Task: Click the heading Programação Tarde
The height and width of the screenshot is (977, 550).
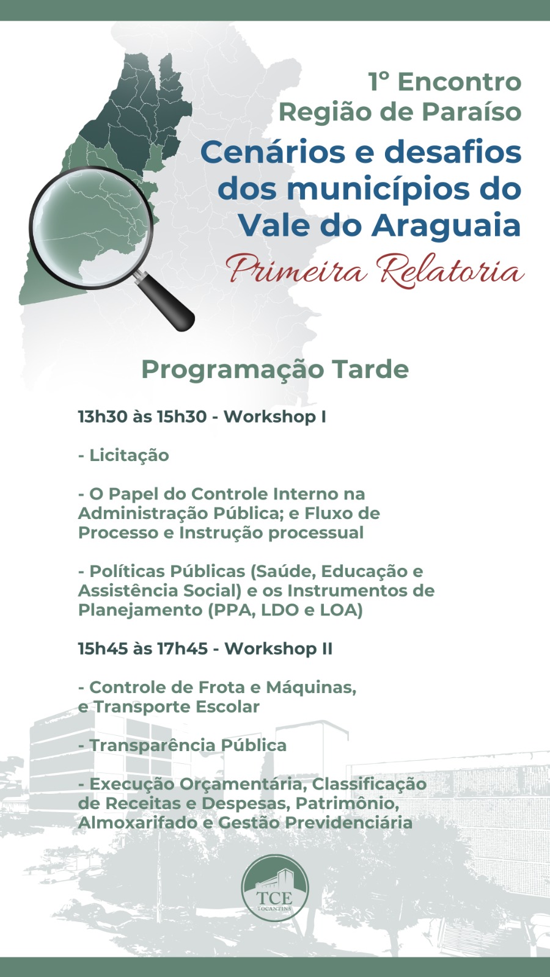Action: click(x=275, y=370)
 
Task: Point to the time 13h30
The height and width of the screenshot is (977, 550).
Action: click(x=103, y=416)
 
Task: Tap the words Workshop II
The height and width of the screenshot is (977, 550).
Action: click(x=279, y=648)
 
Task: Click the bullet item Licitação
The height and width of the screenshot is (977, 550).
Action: click(x=123, y=456)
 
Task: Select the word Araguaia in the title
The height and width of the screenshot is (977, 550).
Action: click(x=447, y=225)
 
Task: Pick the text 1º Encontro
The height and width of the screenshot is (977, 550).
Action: click(x=445, y=82)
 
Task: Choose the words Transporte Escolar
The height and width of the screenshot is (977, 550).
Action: click(x=177, y=706)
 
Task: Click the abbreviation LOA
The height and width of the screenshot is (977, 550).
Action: click(x=342, y=610)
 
